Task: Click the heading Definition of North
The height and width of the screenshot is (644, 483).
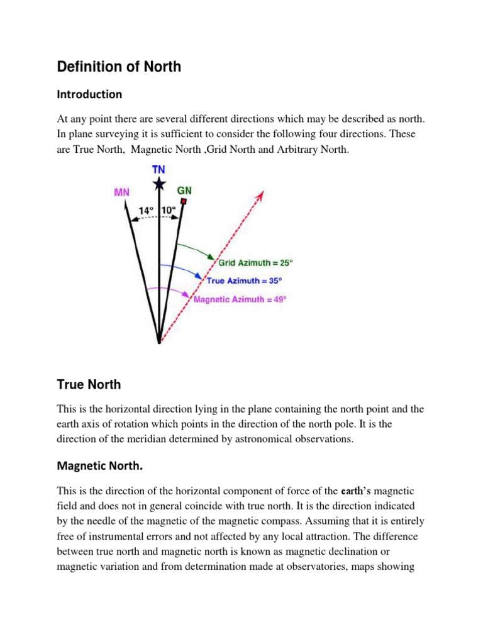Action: tap(119, 66)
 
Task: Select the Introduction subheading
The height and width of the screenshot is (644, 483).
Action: tap(89, 94)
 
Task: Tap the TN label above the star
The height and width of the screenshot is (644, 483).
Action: tap(159, 170)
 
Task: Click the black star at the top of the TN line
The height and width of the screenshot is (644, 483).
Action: tap(159, 183)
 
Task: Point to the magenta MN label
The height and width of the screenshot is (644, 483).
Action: tap(122, 192)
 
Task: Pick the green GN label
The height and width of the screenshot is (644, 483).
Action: tap(186, 189)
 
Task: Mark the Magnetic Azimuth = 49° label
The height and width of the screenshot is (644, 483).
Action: tap(240, 299)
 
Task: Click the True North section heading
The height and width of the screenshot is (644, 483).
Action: tap(89, 384)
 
